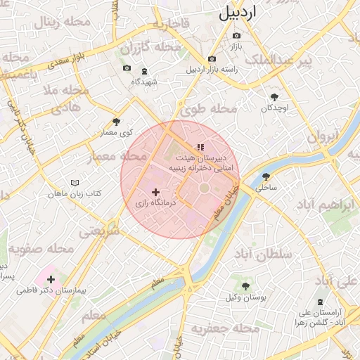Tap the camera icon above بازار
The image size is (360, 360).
pyautogui.click(x=236, y=36)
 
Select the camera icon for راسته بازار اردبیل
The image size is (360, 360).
pyautogui.click(x=212, y=59)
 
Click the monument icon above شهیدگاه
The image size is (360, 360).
pyautogui.click(x=144, y=71)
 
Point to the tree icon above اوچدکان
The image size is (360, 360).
pyautogui.click(x=274, y=98)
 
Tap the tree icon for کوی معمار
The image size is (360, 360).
pyautogui.click(x=116, y=122)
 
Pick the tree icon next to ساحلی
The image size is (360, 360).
pyautogui.click(x=266, y=176)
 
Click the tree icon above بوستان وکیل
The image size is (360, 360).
pyautogui.click(x=245, y=286)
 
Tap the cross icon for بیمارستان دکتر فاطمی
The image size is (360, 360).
pyautogui.click(x=51, y=279)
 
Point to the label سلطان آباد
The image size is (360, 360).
pyautogui.click(x=264, y=255)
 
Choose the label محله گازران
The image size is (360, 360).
pyautogui.click(x=146, y=49)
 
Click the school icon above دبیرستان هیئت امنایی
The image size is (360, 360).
pyautogui.click(x=200, y=147)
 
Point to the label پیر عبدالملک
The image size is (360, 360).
pyautogui.click(x=314, y=62)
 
